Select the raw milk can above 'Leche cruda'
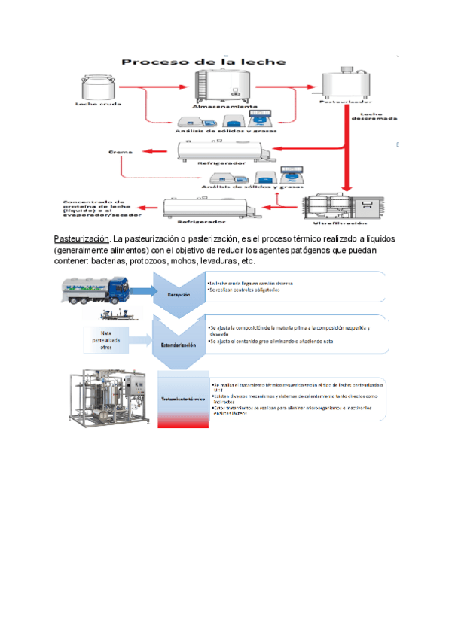point(97,88)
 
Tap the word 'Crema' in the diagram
point(120,153)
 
